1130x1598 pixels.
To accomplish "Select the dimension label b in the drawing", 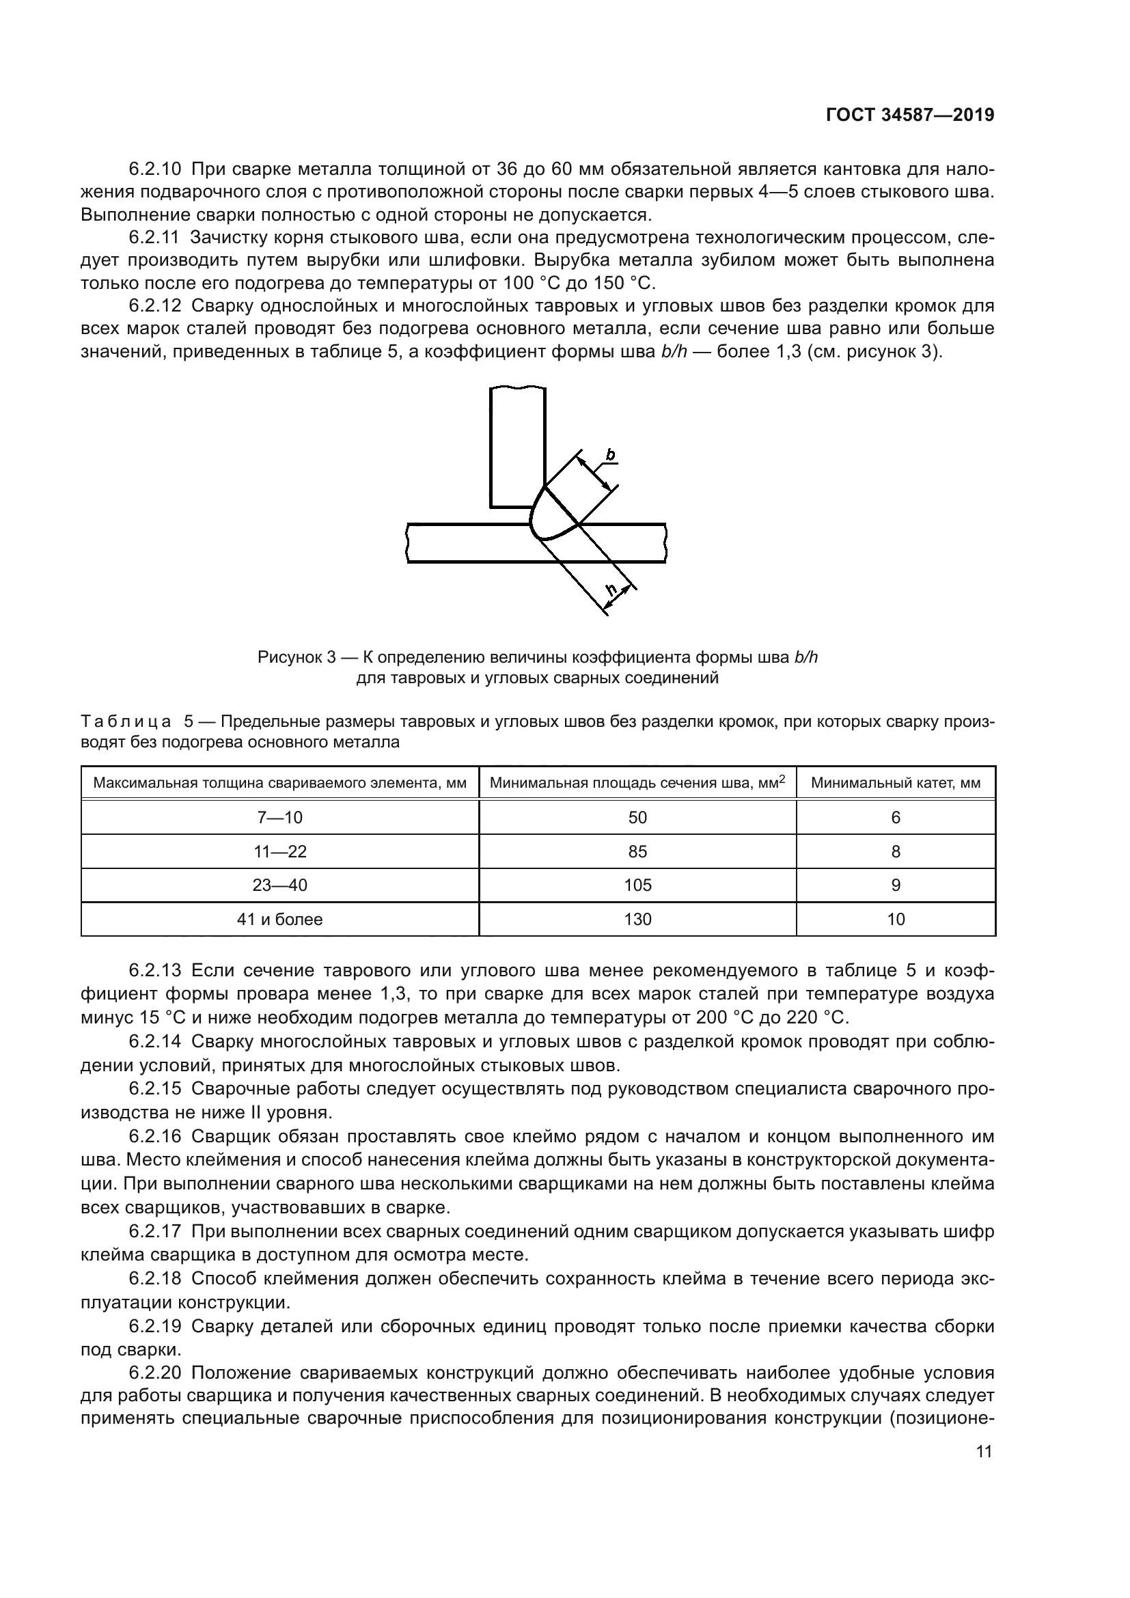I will point(610,456).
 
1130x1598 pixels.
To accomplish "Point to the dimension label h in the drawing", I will point(611,591).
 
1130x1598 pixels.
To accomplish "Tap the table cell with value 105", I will point(637,885).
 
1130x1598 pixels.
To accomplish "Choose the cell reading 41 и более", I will point(279,920).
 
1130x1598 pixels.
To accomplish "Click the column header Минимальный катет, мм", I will point(896,783).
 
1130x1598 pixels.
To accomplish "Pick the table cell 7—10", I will point(279,818).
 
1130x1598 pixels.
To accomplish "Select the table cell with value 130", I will point(637,920).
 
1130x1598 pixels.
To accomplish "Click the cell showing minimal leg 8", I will point(896,852).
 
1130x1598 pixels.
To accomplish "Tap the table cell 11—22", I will point(279,852).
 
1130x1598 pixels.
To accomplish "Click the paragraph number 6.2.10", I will point(155,169).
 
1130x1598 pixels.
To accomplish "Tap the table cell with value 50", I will point(637,818).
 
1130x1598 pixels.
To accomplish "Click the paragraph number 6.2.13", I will point(155,970).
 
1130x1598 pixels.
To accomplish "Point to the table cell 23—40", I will point(279,885).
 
